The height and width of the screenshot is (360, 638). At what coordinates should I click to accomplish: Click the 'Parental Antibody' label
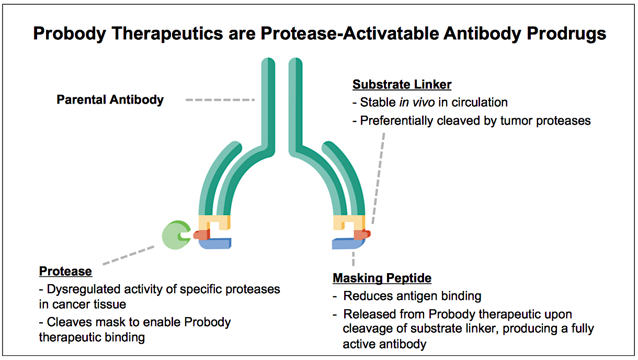click(x=110, y=99)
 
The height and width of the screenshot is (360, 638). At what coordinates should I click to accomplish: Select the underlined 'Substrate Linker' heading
click(x=402, y=85)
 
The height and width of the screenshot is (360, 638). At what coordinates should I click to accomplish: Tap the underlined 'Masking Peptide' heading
click(x=382, y=278)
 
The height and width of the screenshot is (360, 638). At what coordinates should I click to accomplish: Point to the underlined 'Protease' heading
click(x=65, y=271)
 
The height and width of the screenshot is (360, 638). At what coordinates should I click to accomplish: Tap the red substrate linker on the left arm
click(x=201, y=235)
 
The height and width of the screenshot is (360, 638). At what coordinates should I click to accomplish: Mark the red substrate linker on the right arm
click(x=362, y=234)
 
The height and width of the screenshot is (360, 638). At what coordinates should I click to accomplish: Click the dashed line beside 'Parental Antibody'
click(x=220, y=99)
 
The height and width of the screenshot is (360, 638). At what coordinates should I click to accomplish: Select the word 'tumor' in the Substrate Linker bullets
click(x=512, y=121)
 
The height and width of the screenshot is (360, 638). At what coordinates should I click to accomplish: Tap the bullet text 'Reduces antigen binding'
click(x=412, y=296)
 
